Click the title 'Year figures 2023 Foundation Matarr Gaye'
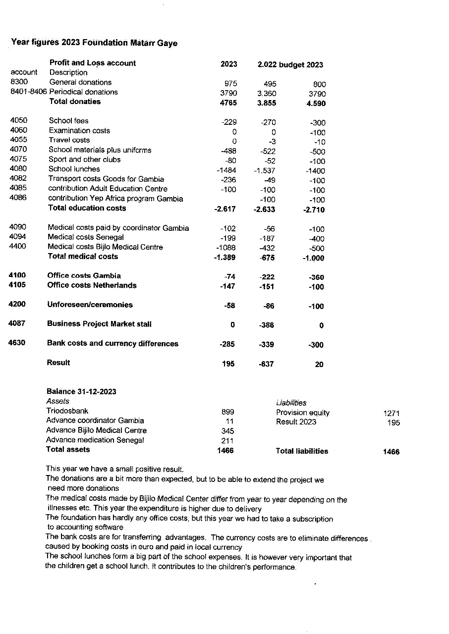coord(94,43)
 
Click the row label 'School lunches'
coord(74,169)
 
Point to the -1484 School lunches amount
coord(227,170)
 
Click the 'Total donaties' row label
coord(74,102)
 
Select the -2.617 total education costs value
coord(225,209)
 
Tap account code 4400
coord(18,247)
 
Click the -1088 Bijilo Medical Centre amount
coord(226,248)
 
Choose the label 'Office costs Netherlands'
coord(92,285)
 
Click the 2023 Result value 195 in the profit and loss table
coord(228,364)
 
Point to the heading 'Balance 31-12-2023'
coord(81,392)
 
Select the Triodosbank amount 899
coord(227,412)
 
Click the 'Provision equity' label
coord(303,413)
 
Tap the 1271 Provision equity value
coord(392,413)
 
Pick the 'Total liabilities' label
coord(302,451)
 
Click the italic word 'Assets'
coord(57,401)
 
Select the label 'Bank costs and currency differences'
coord(112,343)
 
